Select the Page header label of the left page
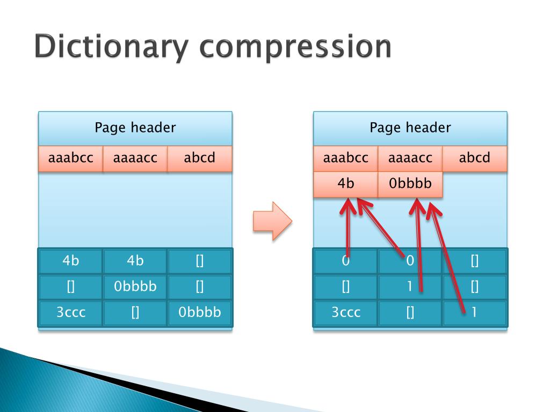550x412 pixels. coord(135,128)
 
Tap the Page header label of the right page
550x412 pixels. coord(410,128)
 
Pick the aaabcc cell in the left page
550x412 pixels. coord(71,158)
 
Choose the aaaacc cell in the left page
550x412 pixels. coord(135,158)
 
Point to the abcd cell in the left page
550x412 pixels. coord(200,158)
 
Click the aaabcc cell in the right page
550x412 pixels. coord(346,158)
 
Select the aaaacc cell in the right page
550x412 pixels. coord(410,158)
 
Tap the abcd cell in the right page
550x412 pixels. coord(475,158)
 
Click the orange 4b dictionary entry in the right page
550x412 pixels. coord(346,184)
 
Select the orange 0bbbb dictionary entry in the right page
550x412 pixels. coord(410,184)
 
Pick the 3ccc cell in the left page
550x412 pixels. coord(71,313)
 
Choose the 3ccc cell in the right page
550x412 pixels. coord(346,313)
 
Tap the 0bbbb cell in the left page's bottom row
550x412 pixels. coord(200,313)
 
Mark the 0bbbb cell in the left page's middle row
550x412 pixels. coord(135,287)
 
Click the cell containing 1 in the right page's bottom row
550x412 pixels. coord(475,313)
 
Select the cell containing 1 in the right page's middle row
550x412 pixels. coord(410,287)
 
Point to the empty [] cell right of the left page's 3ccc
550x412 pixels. coord(135,313)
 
